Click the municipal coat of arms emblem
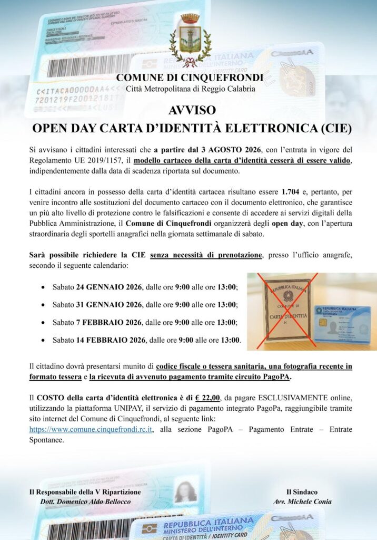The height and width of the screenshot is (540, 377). tap(190, 40)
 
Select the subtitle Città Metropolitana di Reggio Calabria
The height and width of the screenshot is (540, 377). tap(191, 89)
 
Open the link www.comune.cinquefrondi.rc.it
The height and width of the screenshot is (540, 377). tap(91, 430)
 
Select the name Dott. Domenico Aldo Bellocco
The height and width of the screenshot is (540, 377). tap(85, 501)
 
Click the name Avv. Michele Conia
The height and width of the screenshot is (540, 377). tap(302, 501)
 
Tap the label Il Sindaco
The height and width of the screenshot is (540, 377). tap(302, 491)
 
